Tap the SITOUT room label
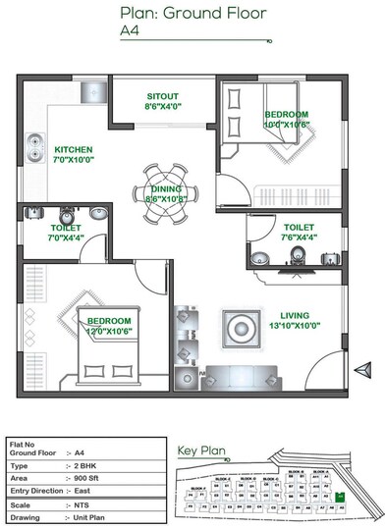coord(163,99)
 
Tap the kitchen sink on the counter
coord(32,147)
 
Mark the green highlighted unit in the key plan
coord(340,498)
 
